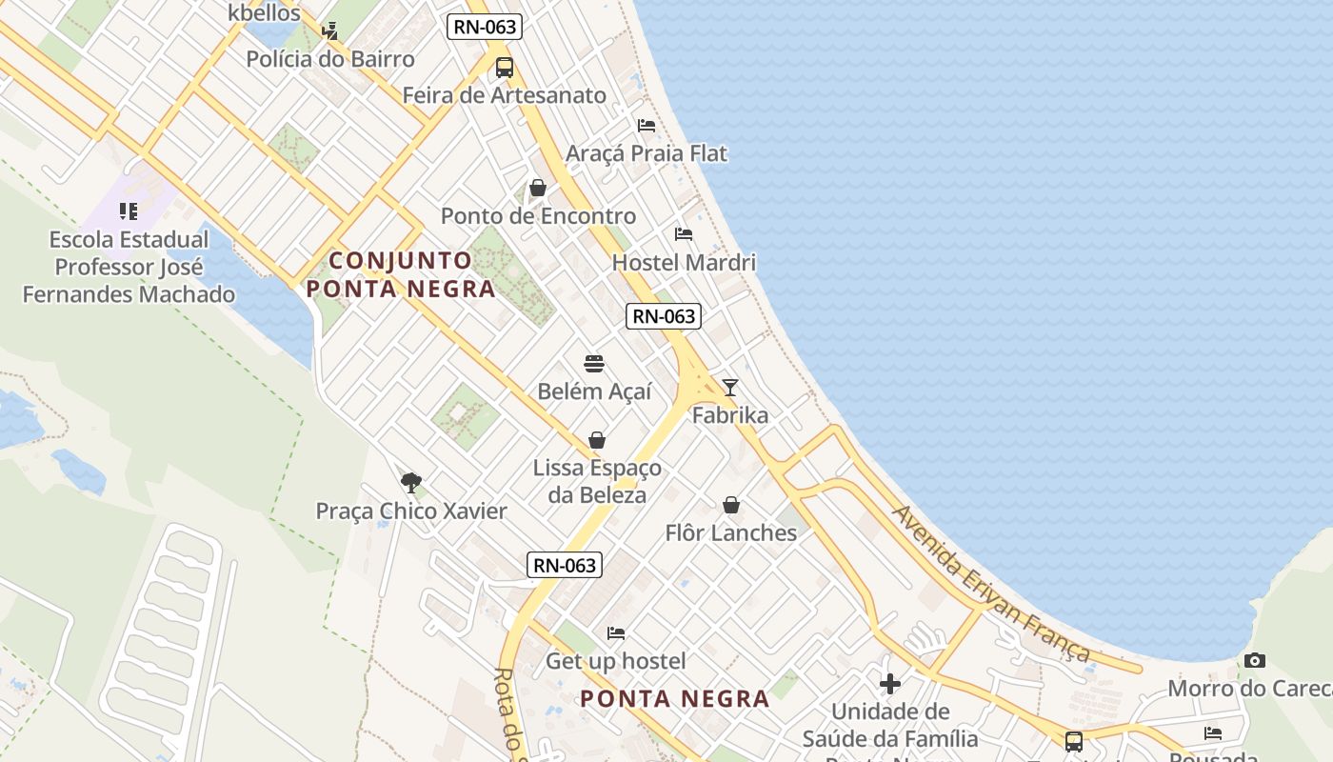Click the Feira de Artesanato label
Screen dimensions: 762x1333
pyautogui.click(x=504, y=95)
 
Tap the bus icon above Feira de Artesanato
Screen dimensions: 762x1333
pyautogui.click(x=505, y=68)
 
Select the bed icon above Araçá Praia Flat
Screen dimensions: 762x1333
pyautogui.click(x=647, y=126)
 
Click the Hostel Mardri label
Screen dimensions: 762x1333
pyautogui.click(x=684, y=262)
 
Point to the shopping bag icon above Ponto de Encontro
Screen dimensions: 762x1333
pyautogui.click(x=538, y=188)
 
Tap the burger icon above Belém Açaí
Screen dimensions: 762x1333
pyautogui.click(x=594, y=363)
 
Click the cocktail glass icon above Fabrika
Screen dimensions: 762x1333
pyautogui.click(x=730, y=387)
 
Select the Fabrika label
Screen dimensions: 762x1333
pyautogui.click(x=730, y=415)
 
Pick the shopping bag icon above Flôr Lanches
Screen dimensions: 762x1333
pyautogui.click(x=731, y=505)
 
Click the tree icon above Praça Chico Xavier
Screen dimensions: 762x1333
pyautogui.click(x=411, y=482)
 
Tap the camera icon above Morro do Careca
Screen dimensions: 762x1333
pyautogui.click(x=1255, y=660)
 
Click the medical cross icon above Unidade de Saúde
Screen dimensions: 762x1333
pyautogui.click(x=890, y=684)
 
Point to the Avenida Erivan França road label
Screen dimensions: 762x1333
pyautogui.click(x=991, y=583)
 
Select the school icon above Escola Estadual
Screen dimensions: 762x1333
pyautogui.click(x=129, y=211)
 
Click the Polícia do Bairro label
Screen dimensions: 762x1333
pyautogui.click(x=330, y=59)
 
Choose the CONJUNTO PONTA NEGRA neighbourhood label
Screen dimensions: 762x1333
pyautogui.click(x=401, y=274)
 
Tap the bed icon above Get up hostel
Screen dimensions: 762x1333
pyautogui.click(x=616, y=632)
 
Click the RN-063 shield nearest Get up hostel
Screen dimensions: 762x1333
pyautogui.click(x=565, y=565)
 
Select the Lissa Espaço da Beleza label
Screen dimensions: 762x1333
pyautogui.click(x=597, y=481)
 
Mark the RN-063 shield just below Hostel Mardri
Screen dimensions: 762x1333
pyautogui.click(x=664, y=316)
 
